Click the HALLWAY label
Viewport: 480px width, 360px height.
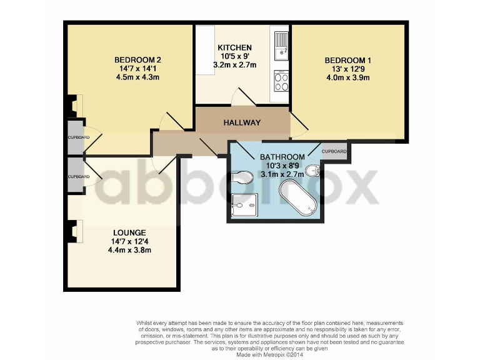coord(242,122)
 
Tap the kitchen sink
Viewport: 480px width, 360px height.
coord(281,42)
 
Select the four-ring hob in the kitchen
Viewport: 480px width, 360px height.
coord(281,82)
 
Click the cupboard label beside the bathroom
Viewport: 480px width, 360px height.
coord(334,151)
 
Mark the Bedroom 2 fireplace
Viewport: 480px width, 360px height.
coord(75,105)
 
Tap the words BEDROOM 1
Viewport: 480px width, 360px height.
coord(347,60)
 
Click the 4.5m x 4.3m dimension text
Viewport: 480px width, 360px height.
coord(138,77)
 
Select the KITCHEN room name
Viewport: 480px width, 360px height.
coord(234,47)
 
